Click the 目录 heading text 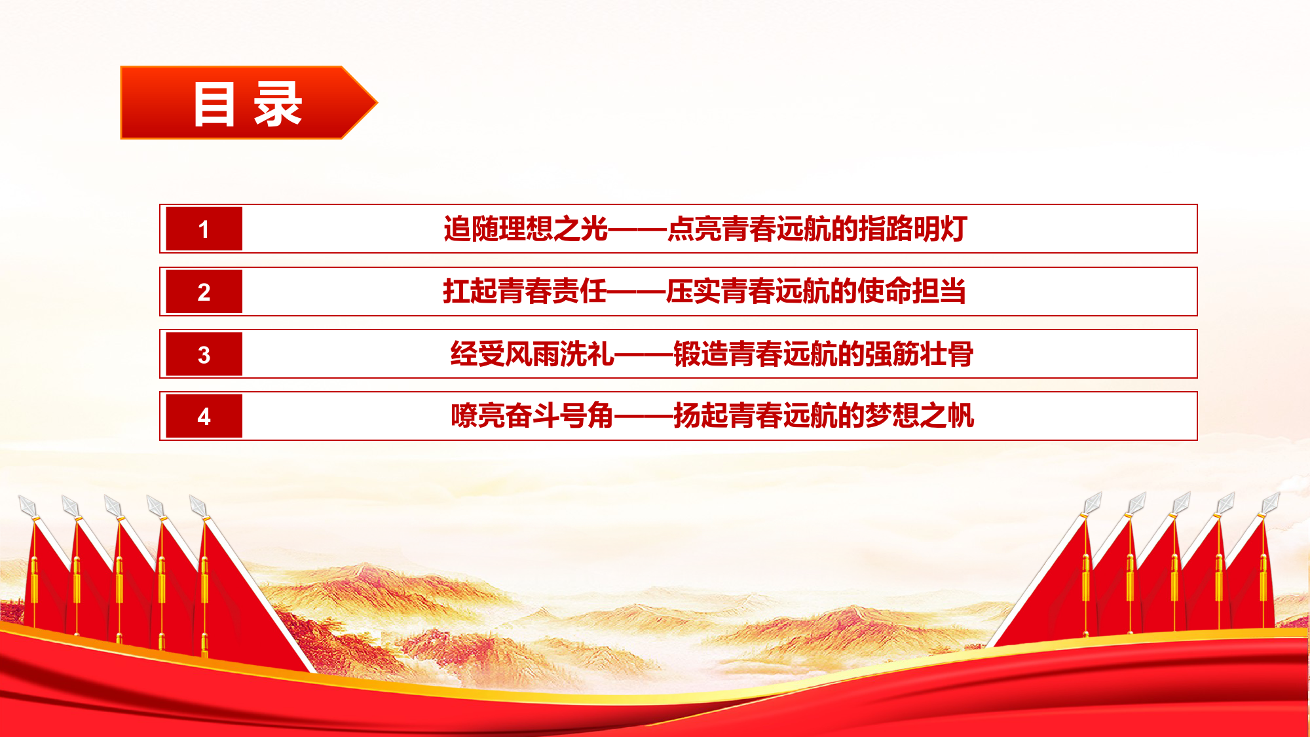248,104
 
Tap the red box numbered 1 204,229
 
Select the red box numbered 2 204,292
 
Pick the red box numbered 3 204,354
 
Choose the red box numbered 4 204,416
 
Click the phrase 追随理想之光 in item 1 526,229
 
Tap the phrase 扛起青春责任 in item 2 525,291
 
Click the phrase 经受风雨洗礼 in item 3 533,354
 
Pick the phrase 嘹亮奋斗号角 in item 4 533,415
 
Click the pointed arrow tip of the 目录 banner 377,103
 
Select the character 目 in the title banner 214,104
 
